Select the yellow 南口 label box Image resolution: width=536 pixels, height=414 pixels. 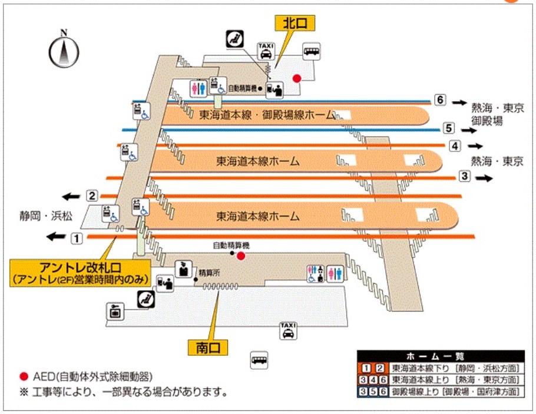pos(207,347)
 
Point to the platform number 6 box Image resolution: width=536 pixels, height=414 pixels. pos(439,100)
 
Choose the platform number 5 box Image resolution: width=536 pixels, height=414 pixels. pos(448,127)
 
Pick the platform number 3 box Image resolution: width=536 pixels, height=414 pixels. pos(464,175)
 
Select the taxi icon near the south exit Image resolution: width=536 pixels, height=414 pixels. pos(288,331)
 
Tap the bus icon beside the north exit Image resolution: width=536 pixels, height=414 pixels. pos(312,51)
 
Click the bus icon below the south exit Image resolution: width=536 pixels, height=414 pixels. pos(259,359)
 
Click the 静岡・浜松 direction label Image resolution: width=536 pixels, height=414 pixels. pos(45,216)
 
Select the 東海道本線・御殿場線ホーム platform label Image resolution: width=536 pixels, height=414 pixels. pos(267,114)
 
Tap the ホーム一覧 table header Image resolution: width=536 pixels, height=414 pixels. pos(440,356)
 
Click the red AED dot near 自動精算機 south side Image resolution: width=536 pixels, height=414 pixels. pos(240,256)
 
